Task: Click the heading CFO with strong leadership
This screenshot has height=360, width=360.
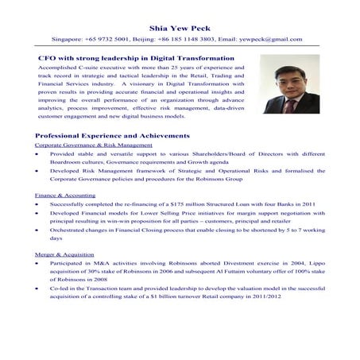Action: pos(136,58)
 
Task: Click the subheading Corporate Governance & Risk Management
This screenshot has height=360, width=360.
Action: pos(93,146)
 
